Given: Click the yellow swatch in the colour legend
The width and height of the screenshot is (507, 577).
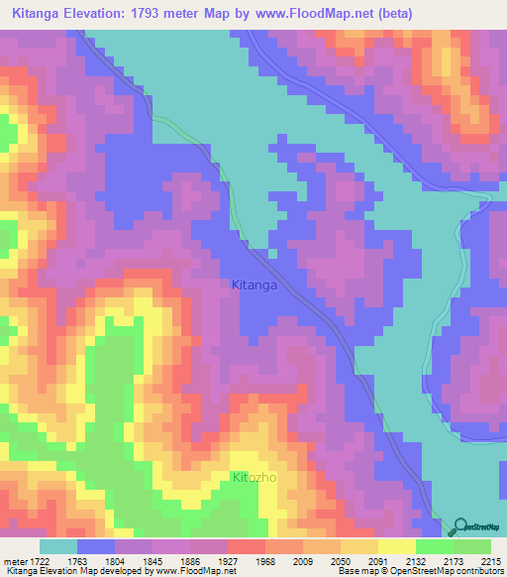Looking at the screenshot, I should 396,546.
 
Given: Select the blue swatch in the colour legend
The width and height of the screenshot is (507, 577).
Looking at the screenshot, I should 95,546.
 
